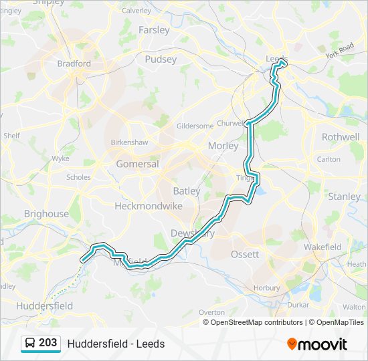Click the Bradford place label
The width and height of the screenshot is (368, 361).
point(74,64)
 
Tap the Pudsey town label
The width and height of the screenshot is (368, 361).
point(161,59)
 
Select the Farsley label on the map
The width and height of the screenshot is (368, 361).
point(154,30)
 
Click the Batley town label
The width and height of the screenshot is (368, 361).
point(187,191)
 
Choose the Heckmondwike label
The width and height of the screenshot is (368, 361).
point(149,207)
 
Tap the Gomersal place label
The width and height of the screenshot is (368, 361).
point(137,164)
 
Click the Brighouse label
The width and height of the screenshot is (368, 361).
point(46,214)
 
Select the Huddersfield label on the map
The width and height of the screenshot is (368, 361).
point(45,306)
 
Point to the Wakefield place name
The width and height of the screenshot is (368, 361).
point(323,247)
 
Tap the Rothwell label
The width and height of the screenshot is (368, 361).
point(341,136)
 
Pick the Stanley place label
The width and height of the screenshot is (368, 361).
point(344,197)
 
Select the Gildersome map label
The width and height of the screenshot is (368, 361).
point(195,126)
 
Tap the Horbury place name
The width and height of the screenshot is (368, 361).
point(267,288)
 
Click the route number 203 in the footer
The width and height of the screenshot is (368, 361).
point(48,343)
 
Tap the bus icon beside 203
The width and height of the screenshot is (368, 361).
point(30,343)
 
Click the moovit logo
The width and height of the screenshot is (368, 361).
point(317,344)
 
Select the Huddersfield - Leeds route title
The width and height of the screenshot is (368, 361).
point(116,344)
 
